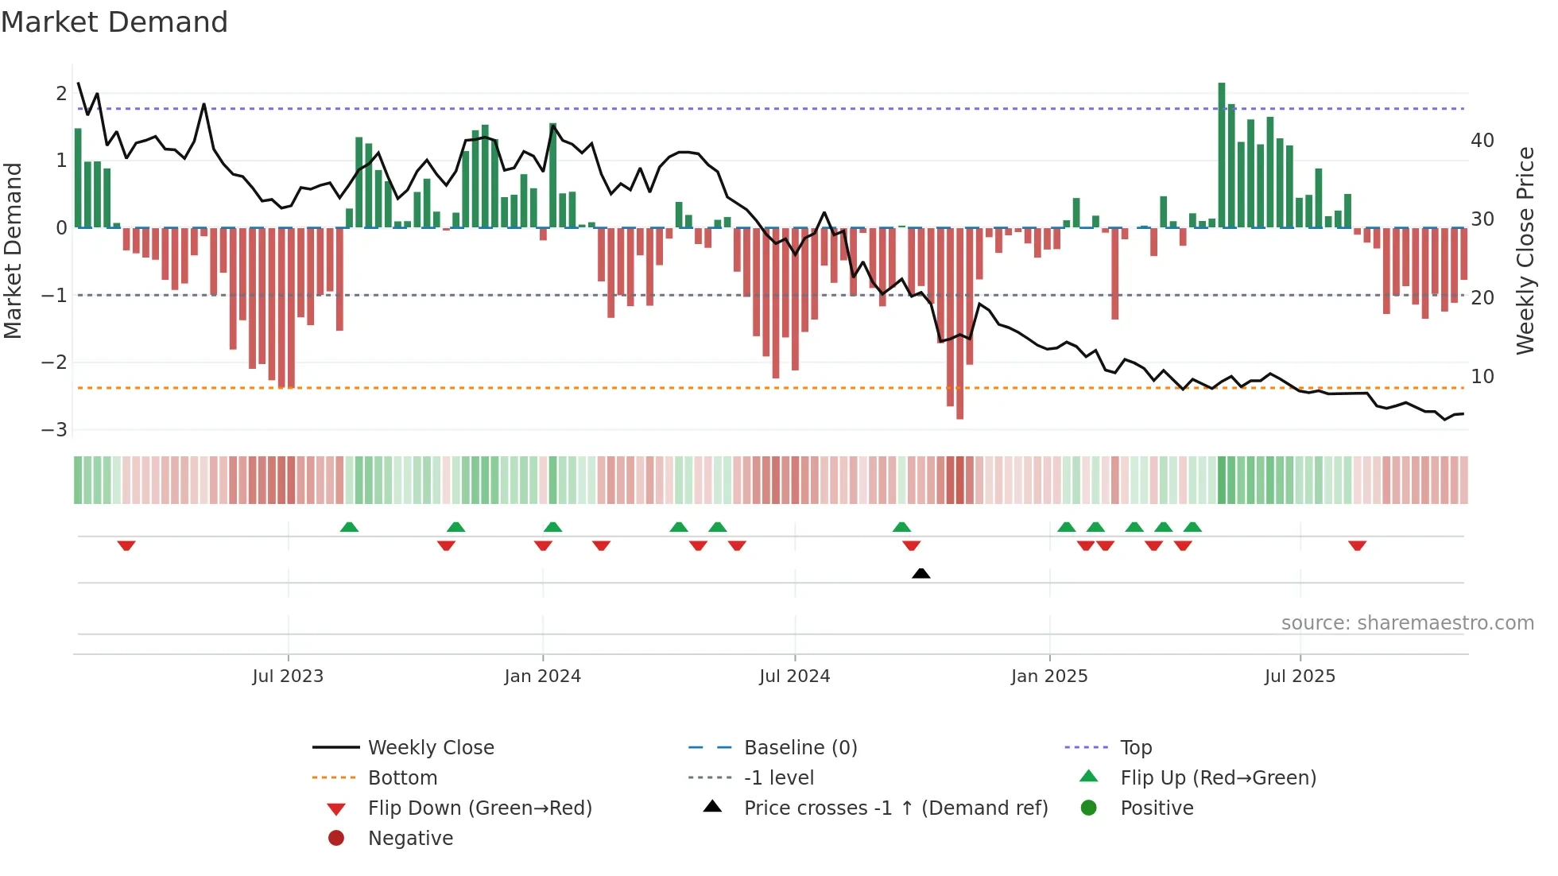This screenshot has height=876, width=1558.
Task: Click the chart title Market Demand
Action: pyautogui.click(x=114, y=22)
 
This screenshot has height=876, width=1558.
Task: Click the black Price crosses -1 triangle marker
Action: pyautogui.click(x=920, y=573)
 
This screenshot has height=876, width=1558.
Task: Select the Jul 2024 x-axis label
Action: pyautogui.click(x=794, y=676)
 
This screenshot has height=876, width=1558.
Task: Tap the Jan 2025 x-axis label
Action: pyautogui.click(x=1049, y=676)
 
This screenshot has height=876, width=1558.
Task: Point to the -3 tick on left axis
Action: pyautogui.click(x=55, y=430)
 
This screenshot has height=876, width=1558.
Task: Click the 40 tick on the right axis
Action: pyautogui.click(x=1482, y=141)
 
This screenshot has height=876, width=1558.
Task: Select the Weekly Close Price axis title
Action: pyautogui.click(x=1525, y=250)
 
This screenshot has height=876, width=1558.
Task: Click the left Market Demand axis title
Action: pyautogui.click(x=14, y=250)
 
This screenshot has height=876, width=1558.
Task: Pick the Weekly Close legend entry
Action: pyautogui.click(x=430, y=748)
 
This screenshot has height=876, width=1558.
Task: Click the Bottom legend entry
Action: pyautogui.click(x=402, y=778)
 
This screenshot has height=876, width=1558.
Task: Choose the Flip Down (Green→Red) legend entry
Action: pyautogui.click(x=479, y=808)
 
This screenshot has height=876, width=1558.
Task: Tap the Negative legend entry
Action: pyautogui.click(x=410, y=839)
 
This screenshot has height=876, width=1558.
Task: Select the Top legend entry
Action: pyautogui.click(x=1136, y=748)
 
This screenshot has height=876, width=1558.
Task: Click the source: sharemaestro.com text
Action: pyautogui.click(x=1407, y=623)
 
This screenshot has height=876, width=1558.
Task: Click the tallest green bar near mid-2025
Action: pyautogui.click(x=1222, y=155)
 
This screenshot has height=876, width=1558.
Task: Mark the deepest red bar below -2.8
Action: pyautogui.click(x=959, y=324)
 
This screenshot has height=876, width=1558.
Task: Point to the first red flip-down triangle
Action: pyautogui.click(x=126, y=545)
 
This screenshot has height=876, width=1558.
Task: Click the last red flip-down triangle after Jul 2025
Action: pyautogui.click(x=1357, y=545)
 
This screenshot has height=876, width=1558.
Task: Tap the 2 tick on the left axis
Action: pyautogui.click(x=61, y=94)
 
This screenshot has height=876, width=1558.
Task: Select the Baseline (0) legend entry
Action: pyautogui.click(x=800, y=748)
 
